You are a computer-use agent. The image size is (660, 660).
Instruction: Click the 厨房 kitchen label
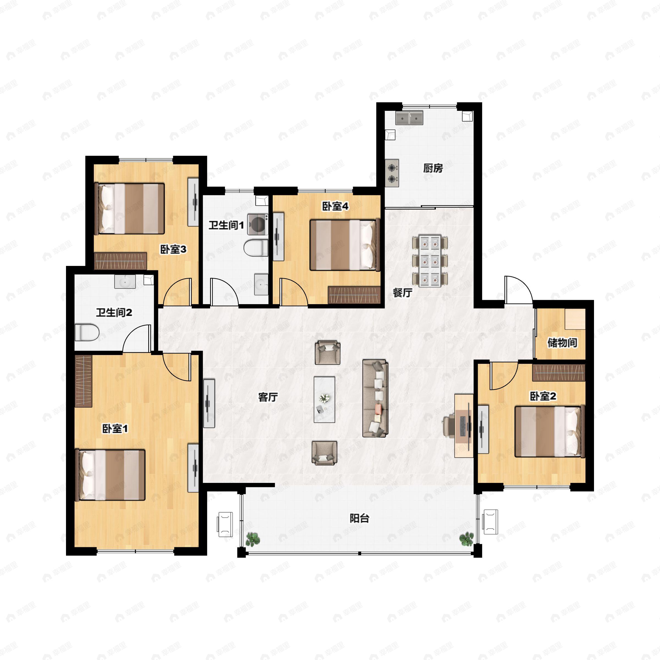click(433, 168)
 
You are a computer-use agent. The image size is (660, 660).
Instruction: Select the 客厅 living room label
click(268, 397)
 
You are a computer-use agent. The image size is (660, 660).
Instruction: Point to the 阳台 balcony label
click(359, 518)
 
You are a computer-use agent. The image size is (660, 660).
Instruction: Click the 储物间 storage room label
click(562, 343)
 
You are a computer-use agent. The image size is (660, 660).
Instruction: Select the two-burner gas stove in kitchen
click(392, 173)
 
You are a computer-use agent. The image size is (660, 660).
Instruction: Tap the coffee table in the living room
click(324, 399)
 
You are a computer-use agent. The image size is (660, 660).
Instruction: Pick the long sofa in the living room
click(375, 398)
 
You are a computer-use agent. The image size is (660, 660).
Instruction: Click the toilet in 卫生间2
click(87, 332)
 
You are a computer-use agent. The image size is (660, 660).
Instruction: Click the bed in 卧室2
click(550, 431)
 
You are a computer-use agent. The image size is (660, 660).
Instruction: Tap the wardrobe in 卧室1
click(83, 381)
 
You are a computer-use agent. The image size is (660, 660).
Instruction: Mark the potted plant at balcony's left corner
click(253, 539)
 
